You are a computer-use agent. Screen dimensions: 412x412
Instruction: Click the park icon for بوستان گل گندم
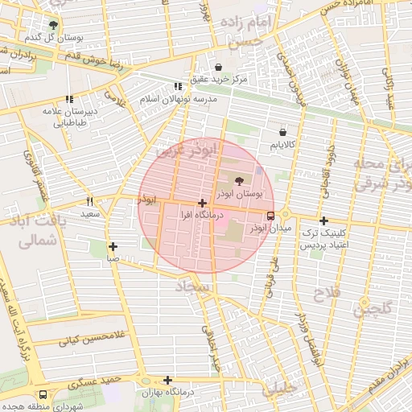53,25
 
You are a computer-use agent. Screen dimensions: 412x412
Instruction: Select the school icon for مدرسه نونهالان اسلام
178,86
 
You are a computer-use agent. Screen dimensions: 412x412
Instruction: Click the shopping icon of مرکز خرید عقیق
220,67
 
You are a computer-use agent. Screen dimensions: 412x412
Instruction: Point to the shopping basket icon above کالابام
282,132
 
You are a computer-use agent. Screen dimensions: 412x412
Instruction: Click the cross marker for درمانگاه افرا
201,204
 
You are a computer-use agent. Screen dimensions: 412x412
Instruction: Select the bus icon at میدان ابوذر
270,216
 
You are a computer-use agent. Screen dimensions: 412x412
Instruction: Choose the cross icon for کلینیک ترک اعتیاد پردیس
323,220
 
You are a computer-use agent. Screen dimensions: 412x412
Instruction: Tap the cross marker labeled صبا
113,247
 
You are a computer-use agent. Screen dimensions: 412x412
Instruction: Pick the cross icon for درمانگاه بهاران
167,381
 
